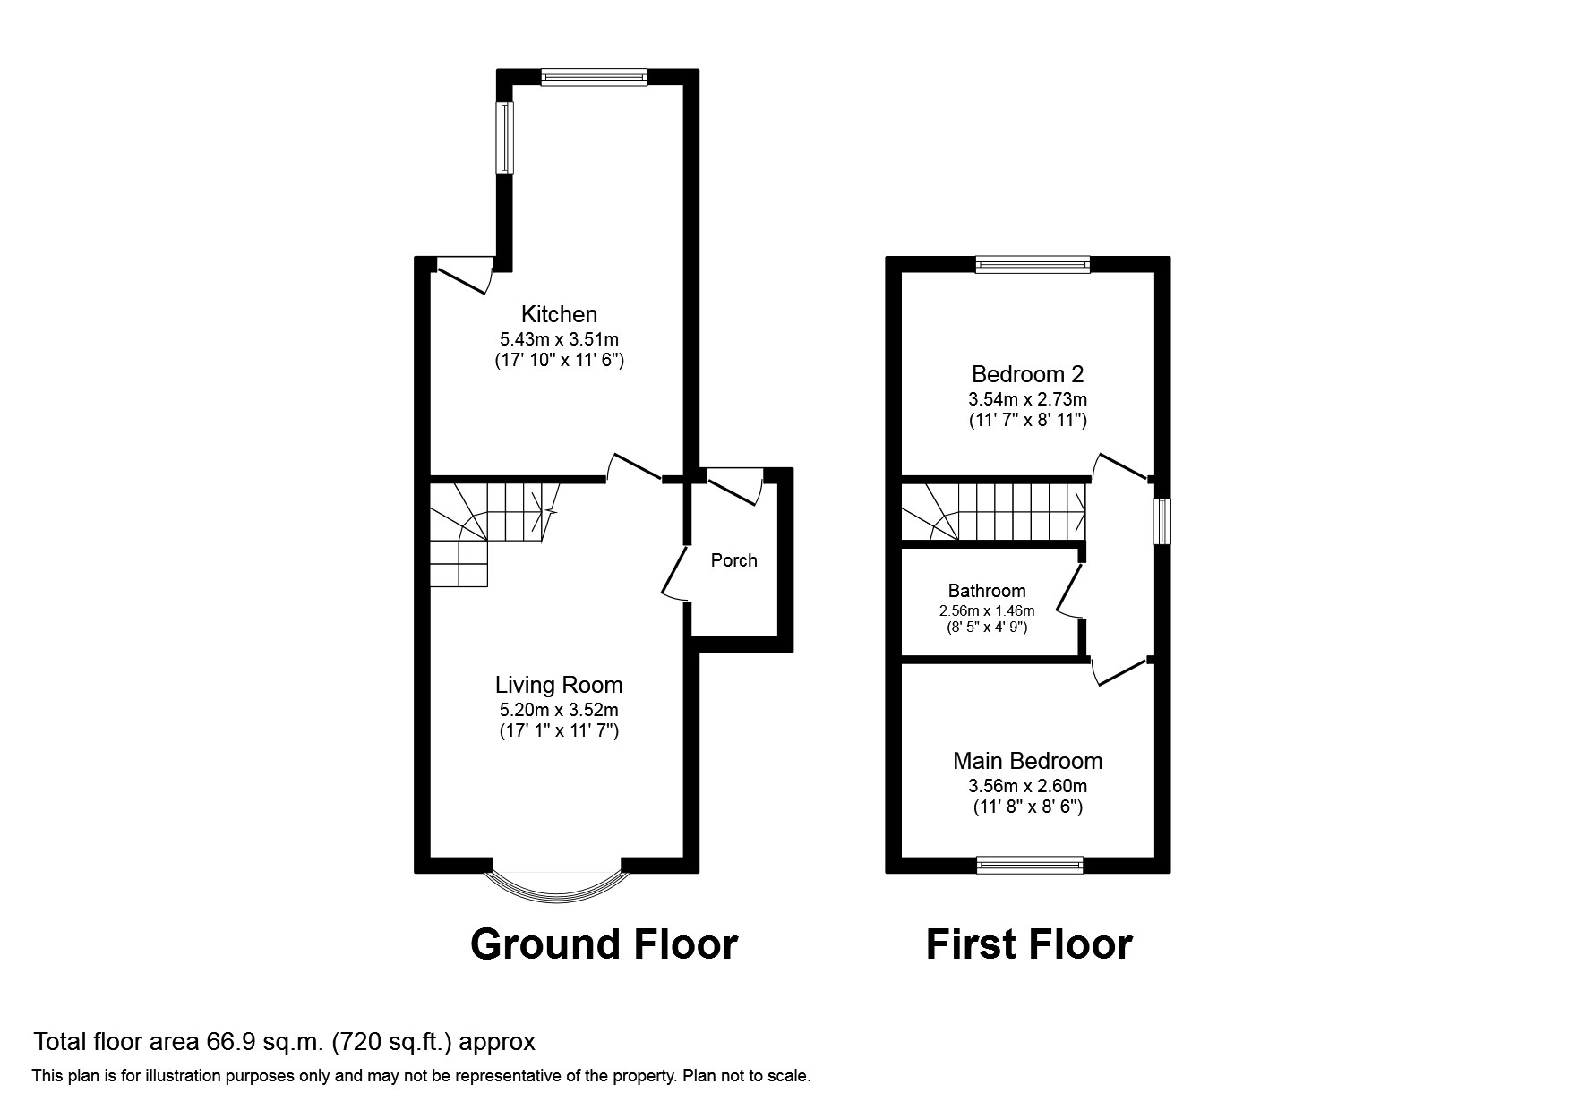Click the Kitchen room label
click(x=559, y=314)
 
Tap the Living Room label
click(x=559, y=685)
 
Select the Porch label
click(x=733, y=560)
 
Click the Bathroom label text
click(x=986, y=591)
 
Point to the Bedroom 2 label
click(x=1027, y=374)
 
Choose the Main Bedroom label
click(x=1027, y=761)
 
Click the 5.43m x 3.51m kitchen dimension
click(x=559, y=339)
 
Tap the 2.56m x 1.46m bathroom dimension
click(x=986, y=610)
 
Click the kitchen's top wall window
click(x=594, y=78)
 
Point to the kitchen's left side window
click(x=506, y=137)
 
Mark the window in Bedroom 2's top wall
click(x=1033, y=264)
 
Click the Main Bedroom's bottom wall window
click(x=1030, y=865)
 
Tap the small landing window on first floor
click(x=1162, y=521)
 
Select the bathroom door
click(x=1067, y=591)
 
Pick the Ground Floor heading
click(x=604, y=944)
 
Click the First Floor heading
click(x=1028, y=944)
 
